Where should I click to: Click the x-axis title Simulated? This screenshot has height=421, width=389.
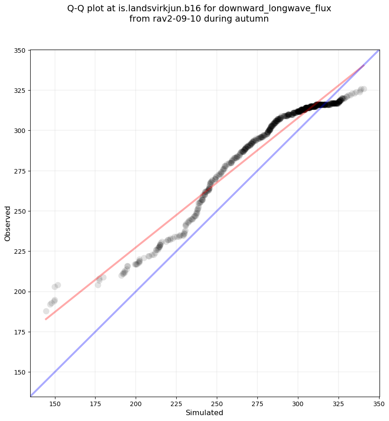(204, 412)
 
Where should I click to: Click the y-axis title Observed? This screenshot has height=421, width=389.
(8, 223)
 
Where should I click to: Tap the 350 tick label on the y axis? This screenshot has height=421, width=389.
(19, 50)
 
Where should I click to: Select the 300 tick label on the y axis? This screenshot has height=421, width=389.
(19, 131)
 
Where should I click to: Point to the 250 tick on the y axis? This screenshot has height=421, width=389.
(19, 211)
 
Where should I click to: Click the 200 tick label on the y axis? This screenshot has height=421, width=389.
(19, 292)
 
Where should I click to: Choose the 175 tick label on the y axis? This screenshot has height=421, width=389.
(19, 332)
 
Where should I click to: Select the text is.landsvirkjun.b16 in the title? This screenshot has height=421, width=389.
(157, 9)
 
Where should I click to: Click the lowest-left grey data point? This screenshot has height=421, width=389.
(46, 311)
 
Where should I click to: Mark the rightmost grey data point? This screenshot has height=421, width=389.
(363, 89)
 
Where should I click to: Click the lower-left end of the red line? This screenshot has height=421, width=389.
(46, 320)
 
